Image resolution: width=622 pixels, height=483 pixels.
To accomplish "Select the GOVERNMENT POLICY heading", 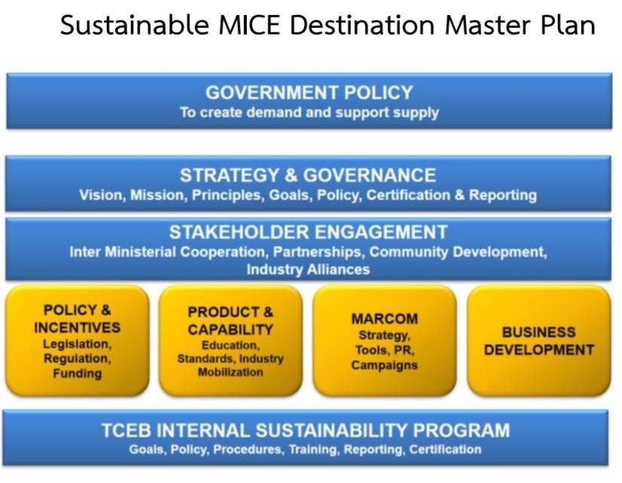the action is (x=309, y=93).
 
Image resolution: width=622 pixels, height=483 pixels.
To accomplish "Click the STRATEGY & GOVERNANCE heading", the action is (x=308, y=175).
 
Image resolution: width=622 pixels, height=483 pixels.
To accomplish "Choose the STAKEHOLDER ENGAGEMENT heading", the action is (x=308, y=232).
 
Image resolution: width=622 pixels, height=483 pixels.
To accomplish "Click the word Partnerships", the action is (x=317, y=252).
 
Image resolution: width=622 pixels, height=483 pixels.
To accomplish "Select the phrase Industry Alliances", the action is (x=308, y=270).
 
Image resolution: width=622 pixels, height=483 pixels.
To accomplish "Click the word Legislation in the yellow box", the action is (x=78, y=344).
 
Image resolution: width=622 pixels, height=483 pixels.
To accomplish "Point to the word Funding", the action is (x=78, y=374).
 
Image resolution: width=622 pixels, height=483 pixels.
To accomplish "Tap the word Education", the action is (x=230, y=345).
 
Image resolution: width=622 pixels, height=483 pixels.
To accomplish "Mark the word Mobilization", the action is (x=230, y=372).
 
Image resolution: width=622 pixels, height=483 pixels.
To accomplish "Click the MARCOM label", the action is (x=384, y=319).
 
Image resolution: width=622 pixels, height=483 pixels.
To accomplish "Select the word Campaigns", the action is (x=384, y=365).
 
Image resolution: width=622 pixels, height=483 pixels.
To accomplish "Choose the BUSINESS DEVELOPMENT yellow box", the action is (x=539, y=340).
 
